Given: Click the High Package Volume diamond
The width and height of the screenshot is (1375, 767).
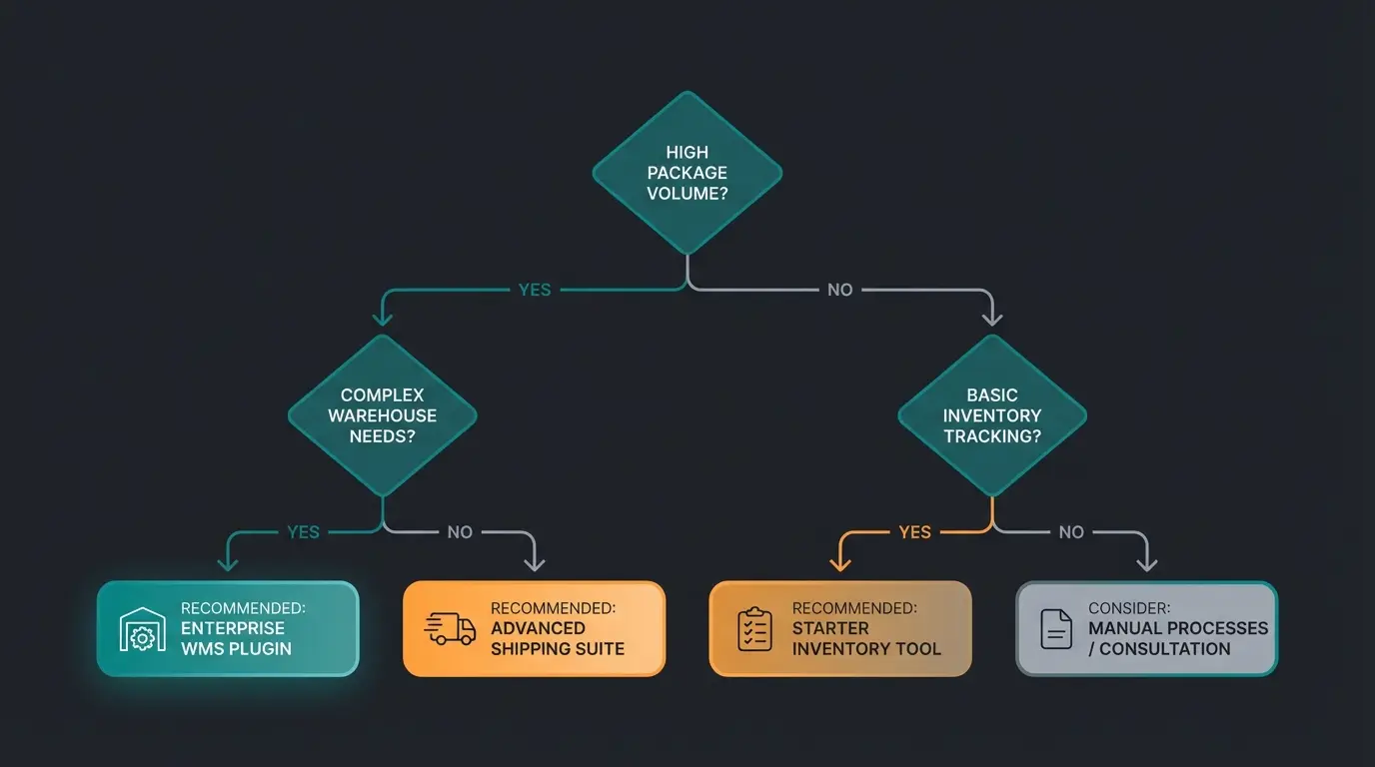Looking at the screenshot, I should coord(687,173).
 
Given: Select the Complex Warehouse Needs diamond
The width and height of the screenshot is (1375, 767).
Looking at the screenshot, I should coord(383,415).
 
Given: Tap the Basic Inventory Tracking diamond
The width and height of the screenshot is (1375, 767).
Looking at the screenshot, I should coord(992,415).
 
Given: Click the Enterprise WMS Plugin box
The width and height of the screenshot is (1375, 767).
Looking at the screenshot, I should coord(228,629).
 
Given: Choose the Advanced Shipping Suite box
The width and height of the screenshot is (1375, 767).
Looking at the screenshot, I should coord(534,629).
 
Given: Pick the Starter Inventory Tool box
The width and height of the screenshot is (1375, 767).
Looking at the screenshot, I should coord(840,629).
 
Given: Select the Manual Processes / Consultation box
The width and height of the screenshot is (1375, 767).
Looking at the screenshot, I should coord(1146,629).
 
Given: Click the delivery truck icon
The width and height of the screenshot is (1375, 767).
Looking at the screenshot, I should coord(450,629).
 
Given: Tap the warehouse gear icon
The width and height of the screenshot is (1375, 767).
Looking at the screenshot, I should coord(143,630).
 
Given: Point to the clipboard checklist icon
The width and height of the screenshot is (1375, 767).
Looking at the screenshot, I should coord(754,630).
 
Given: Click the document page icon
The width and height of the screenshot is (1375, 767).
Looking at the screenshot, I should coord(1056,630).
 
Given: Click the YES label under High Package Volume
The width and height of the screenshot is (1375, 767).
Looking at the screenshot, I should coord(535,290).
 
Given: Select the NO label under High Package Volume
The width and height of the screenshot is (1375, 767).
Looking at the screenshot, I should coord(840,290).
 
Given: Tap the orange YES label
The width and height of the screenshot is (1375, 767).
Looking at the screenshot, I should coord(914,532).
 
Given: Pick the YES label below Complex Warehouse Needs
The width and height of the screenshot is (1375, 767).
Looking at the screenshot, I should coord(303,532).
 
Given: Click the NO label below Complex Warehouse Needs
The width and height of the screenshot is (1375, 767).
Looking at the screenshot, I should coord(460,532).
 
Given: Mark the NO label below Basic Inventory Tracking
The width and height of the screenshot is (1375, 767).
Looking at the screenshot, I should coord(1071,532).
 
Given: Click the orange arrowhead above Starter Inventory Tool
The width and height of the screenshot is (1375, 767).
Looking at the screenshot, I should coord(840,564).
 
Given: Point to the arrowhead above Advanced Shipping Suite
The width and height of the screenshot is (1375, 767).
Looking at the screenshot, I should coord(535,564).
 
